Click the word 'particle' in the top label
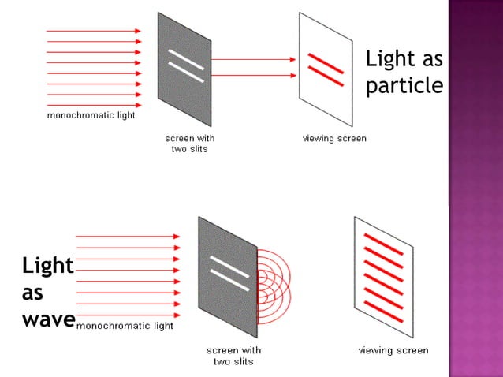point(404,85)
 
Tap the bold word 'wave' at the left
point(49,319)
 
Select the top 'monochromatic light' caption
point(91,116)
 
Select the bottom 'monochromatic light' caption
point(125,324)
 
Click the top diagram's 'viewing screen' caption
point(334,139)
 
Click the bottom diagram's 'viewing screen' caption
point(393,350)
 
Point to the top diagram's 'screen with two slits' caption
point(189,144)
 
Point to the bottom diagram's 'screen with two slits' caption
point(234,356)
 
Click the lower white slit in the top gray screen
point(186,72)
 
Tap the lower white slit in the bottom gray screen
point(229,278)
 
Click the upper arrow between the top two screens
point(252,59)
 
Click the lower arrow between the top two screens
point(252,75)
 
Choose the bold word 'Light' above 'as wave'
point(47,266)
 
